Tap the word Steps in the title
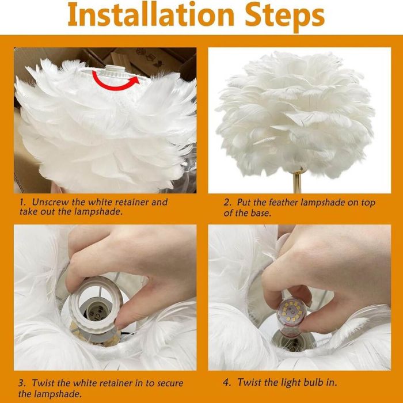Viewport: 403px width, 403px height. click(x=285, y=17)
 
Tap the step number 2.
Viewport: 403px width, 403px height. click(x=227, y=203)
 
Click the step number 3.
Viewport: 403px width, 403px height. click(x=22, y=383)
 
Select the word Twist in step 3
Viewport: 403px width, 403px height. click(x=44, y=383)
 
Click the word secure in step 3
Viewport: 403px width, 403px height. click(x=170, y=383)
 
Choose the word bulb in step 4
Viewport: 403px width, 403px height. click(x=314, y=382)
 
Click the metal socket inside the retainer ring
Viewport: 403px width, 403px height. click(x=94, y=313)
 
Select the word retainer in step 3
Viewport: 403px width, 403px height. click(x=116, y=383)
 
